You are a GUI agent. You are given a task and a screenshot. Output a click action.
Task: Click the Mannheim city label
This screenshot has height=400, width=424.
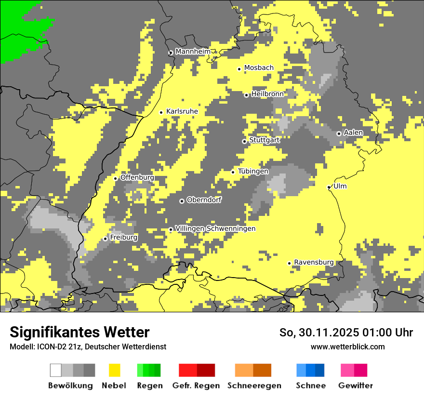tap(193, 52)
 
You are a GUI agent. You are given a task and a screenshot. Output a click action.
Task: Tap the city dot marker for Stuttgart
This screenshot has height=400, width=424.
tap(244, 141)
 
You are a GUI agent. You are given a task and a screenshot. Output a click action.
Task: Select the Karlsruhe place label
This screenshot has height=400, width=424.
tap(182, 111)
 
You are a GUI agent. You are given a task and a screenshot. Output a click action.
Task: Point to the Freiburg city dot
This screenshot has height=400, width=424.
tap(105, 239)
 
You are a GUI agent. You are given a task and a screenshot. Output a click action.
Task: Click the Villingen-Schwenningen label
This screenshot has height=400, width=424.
tap(215, 228)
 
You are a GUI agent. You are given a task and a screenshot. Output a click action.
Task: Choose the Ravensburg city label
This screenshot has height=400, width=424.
tap(314, 262)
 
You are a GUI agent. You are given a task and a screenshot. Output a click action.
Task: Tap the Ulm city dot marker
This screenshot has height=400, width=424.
tap(329, 187)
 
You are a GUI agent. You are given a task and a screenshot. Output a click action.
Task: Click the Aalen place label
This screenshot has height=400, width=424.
tap(353, 133)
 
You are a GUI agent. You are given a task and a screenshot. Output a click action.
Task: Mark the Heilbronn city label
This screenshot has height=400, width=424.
tap(267, 94)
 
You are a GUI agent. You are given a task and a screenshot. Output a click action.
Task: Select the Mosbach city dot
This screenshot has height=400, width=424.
tap(239, 69)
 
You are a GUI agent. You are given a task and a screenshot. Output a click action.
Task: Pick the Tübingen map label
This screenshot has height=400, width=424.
tap(253, 171)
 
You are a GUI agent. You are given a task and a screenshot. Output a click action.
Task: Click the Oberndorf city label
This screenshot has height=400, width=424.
tap(204, 200)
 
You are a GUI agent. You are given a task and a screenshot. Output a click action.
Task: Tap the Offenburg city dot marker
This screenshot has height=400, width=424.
tap(116, 178)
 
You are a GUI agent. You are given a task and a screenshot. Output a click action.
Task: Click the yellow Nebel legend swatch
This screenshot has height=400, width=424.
tap(115, 370)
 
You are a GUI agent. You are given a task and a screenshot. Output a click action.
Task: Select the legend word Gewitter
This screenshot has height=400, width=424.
tap(355, 386)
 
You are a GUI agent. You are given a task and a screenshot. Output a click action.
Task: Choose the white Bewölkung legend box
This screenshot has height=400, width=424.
tap(56, 370)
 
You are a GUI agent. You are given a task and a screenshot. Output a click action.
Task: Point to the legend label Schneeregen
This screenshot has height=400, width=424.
tap(254, 386)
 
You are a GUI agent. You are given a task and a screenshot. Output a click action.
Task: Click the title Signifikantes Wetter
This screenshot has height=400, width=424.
tap(79, 332)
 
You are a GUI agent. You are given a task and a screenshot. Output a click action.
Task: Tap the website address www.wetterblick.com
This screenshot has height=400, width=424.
tap(347, 347)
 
